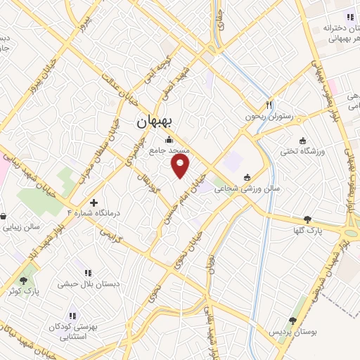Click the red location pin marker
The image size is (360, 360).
tap(181, 166)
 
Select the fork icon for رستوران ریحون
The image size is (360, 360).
tap(269, 103)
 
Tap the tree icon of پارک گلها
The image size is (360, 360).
tap(307, 219)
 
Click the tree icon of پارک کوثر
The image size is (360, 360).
tap(23, 280)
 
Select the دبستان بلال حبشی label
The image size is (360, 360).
tap(87, 285)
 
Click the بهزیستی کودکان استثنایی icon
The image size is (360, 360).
tap(71, 315)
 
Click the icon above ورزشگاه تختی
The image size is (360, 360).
tap(302, 140)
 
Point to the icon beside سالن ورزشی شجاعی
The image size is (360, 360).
tap(246, 177)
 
